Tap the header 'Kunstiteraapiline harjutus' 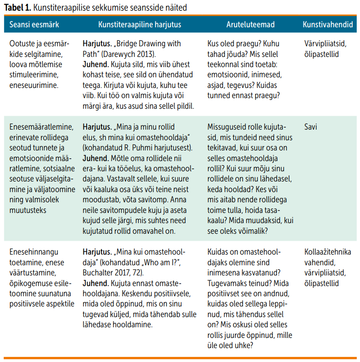[139, 24]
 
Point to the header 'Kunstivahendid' [328, 24]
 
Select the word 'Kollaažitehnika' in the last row [328, 252]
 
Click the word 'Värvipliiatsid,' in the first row [325, 44]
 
